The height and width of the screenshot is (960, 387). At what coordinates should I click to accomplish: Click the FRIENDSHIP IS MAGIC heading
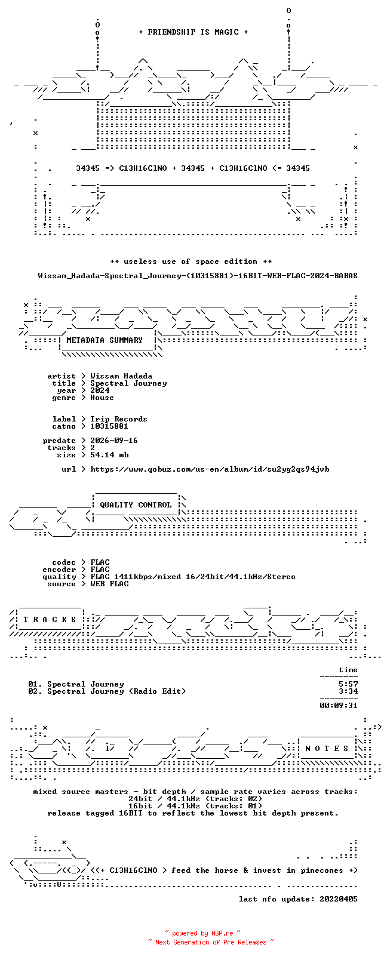click(x=193, y=32)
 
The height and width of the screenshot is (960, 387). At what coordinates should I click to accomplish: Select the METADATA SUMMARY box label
click(x=104, y=340)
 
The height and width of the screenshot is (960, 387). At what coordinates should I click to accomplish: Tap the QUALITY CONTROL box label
click(x=136, y=505)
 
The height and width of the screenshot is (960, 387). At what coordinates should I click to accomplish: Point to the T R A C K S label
click(x=50, y=620)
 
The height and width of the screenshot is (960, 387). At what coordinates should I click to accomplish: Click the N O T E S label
click(x=327, y=749)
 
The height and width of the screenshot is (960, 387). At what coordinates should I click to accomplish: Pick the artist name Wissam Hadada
click(x=121, y=376)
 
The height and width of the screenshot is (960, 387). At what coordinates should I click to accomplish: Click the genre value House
click(x=102, y=398)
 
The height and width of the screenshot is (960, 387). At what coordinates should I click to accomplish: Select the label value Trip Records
click(x=119, y=419)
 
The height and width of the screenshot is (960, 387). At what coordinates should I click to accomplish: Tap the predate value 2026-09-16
click(x=114, y=441)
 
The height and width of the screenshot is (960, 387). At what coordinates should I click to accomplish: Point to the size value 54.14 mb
click(x=109, y=455)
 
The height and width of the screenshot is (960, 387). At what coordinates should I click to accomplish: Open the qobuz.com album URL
click(x=210, y=469)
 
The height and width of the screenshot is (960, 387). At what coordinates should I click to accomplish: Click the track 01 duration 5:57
click(x=348, y=684)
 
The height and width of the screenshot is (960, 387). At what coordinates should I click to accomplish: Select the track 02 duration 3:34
click(x=348, y=691)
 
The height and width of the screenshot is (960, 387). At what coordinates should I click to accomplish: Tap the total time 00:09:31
click(x=339, y=706)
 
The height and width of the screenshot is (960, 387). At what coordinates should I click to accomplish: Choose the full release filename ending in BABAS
click(x=198, y=276)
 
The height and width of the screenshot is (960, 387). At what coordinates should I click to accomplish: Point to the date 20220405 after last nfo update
click(x=339, y=899)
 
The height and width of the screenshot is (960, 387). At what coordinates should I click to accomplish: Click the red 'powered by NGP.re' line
click(x=202, y=933)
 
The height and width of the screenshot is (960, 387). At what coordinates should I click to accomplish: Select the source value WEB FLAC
click(x=109, y=584)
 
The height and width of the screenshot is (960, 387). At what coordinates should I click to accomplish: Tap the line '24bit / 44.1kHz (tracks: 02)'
click(x=195, y=799)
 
